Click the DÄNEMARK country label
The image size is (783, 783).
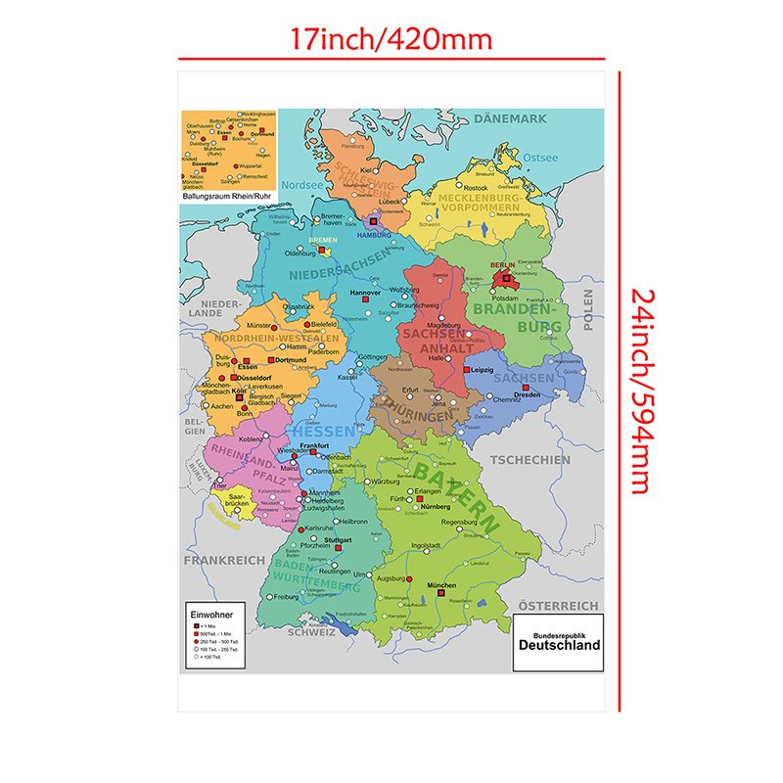coord(510,119)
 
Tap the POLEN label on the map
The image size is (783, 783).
coord(588,311)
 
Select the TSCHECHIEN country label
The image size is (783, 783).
coord(530,459)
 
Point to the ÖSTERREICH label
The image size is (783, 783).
coord(558,606)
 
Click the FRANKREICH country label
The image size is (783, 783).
coord(224,560)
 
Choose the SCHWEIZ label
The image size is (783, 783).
coord(311,632)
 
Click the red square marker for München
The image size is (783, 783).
coord(441,592)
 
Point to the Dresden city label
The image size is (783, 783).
coord(527,394)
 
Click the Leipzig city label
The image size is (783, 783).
coord(483,370)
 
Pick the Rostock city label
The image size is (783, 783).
coord(476,188)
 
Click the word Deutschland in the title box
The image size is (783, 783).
coord(559,646)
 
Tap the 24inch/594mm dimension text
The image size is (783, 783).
coord(640,391)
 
